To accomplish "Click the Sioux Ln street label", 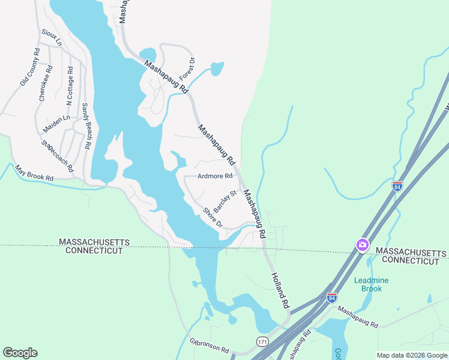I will [51, 37].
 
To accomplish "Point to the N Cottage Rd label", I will [70, 84].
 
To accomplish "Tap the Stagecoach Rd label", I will [57, 155].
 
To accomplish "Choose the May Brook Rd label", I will [34, 173].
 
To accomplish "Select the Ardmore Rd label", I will [215, 176].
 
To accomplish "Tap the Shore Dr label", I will [213, 217].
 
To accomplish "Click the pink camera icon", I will [362, 245].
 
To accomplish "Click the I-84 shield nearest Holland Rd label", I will [331, 298].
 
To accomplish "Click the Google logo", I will [20, 353].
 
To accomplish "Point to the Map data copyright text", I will [412, 355].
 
